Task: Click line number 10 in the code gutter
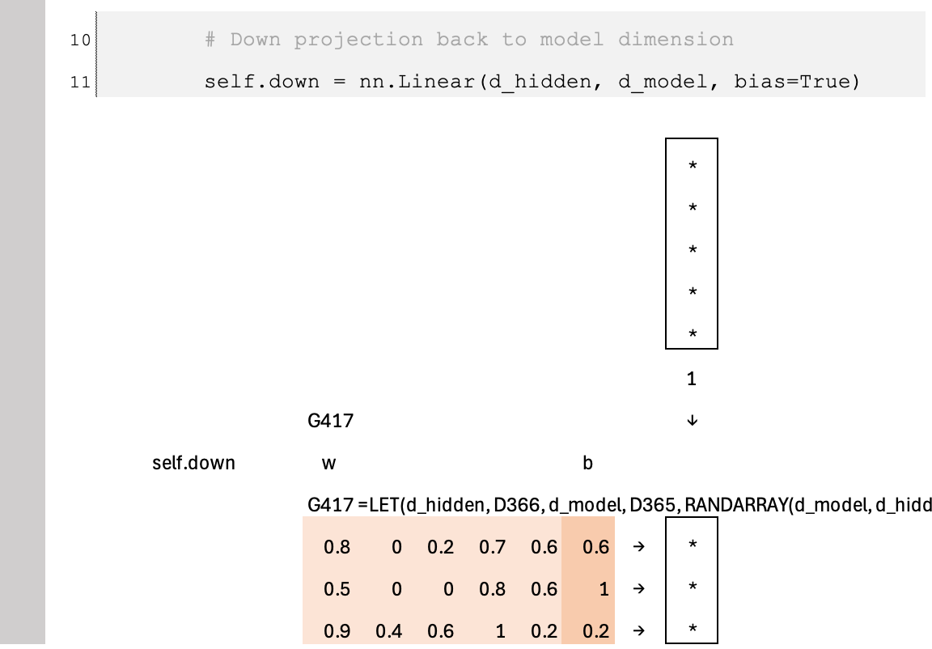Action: (80, 40)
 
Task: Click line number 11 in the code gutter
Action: (80, 82)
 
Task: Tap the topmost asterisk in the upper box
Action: (692, 168)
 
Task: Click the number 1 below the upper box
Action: (691, 379)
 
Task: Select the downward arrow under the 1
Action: (692, 421)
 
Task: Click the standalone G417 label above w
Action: (330, 421)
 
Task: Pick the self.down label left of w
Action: (193, 463)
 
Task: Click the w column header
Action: (328, 463)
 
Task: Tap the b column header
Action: (587, 463)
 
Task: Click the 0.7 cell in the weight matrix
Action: (492, 547)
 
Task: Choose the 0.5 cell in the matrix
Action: (337, 589)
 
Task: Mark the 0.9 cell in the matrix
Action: (337, 631)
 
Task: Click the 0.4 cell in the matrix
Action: (389, 631)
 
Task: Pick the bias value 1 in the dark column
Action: (603, 589)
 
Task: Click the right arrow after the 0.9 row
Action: (639, 631)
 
